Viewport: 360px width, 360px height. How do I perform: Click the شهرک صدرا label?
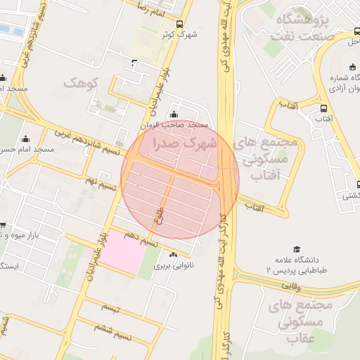point(180,143)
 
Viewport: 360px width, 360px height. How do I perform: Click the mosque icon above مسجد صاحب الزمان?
point(174,115)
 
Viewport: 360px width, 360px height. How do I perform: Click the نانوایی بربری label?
point(173,266)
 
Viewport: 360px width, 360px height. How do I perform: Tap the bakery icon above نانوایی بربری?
point(174,255)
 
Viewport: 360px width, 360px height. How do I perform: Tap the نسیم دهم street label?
point(137,236)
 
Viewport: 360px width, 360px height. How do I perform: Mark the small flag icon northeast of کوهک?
point(134,63)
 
